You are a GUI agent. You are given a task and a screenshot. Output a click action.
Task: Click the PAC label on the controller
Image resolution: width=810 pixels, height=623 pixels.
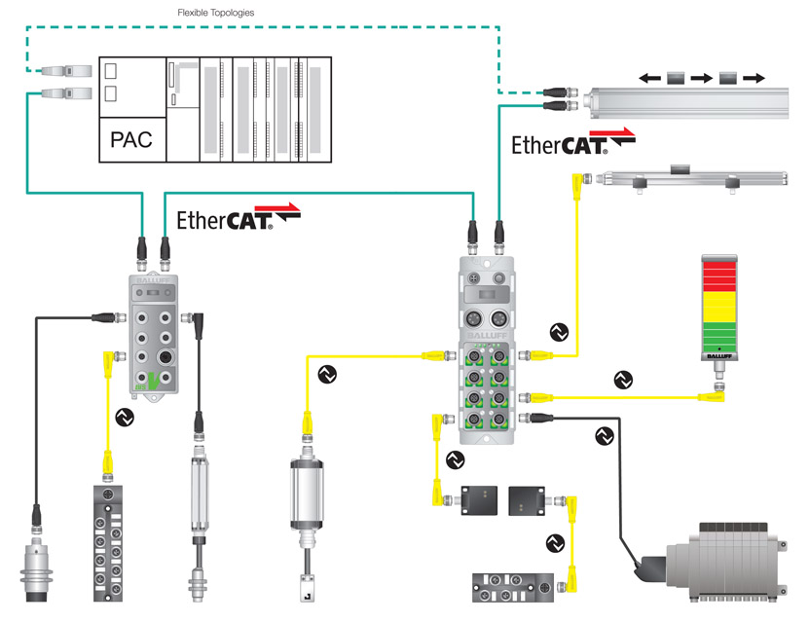(131, 138)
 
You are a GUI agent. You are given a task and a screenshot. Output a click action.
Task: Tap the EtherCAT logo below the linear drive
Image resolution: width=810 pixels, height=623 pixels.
(573, 142)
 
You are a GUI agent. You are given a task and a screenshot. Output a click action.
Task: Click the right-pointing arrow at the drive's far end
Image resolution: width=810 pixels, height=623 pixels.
(755, 77)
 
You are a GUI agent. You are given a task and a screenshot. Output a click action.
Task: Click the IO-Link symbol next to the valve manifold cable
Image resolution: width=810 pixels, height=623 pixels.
(604, 435)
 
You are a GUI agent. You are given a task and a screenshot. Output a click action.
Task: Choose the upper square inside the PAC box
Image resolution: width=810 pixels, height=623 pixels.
(110, 72)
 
